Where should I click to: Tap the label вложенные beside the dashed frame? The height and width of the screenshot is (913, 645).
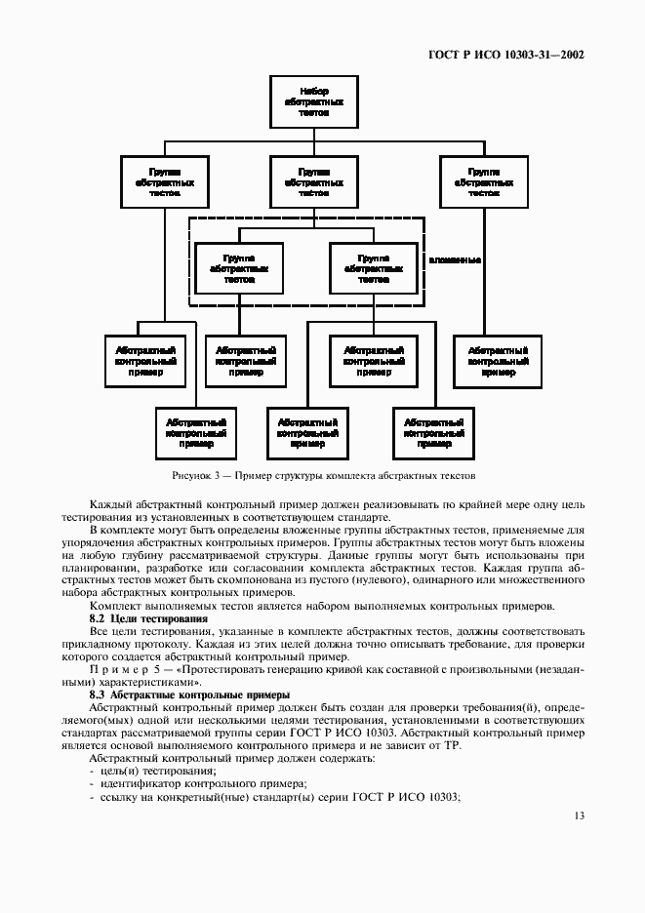pyautogui.click(x=454, y=260)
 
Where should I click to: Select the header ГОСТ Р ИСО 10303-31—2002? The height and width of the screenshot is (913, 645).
pyautogui.click(x=506, y=56)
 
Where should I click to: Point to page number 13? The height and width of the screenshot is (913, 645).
pyautogui.click(x=579, y=815)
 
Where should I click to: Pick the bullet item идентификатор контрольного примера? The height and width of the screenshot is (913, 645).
pyautogui.click(x=196, y=783)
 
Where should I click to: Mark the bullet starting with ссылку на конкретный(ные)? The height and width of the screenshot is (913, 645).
pyautogui.click(x=273, y=797)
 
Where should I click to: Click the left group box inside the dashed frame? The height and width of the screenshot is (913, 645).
pyautogui.click(x=238, y=268)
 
